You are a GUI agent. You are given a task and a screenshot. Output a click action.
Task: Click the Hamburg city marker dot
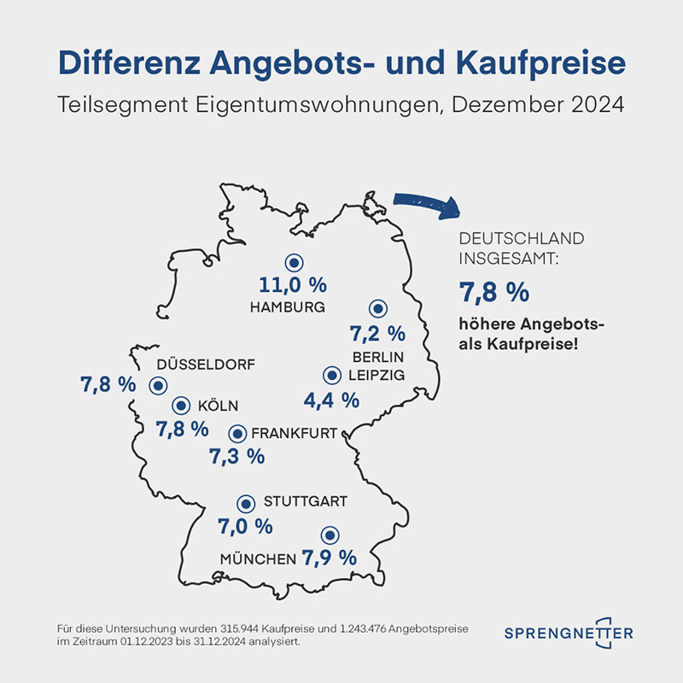294,264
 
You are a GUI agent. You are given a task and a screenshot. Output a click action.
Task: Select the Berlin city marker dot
377,309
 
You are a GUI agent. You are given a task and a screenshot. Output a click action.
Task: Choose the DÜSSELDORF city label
206,365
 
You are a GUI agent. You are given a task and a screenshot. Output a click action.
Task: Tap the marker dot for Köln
181,406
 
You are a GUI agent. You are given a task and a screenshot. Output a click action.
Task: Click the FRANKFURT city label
295,432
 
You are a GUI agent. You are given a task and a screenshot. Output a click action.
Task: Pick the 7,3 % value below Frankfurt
236,456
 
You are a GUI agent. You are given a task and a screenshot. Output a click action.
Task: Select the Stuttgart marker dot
247,504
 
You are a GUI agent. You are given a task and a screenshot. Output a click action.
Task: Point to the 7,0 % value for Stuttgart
244,525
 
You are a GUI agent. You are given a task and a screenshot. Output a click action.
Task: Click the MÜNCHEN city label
258,559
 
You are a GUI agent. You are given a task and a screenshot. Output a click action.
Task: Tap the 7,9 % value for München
329,558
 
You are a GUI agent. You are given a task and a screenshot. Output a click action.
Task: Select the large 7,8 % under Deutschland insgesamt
494,293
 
